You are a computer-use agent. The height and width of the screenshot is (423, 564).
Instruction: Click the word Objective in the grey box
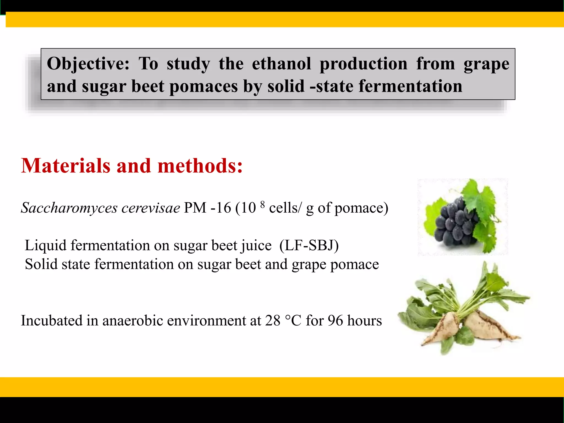point(88,64)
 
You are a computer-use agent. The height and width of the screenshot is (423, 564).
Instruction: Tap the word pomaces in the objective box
point(203,86)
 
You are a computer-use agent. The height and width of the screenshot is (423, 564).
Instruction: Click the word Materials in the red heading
point(66,166)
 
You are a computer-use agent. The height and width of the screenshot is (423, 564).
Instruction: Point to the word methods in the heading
point(200,166)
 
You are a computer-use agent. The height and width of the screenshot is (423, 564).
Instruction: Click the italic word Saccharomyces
point(69,208)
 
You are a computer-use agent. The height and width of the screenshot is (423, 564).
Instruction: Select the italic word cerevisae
point(151,208)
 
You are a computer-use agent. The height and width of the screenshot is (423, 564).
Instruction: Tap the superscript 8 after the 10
point(262,204)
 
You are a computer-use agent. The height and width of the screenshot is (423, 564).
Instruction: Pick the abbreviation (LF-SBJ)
point(309,245)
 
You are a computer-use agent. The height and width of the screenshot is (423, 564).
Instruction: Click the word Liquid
point(45,245)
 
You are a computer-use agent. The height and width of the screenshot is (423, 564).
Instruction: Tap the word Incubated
point(51,321)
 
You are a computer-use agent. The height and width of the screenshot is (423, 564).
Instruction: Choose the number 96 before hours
point(335,321)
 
